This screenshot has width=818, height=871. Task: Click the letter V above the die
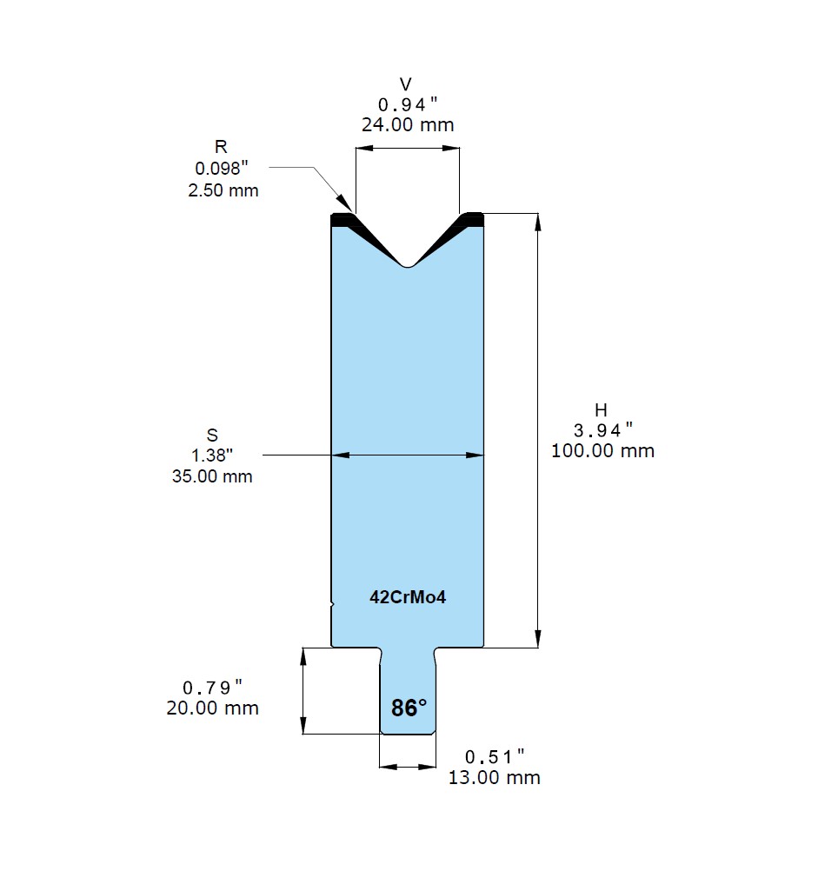406,84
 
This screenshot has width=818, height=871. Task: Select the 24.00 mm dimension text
408,124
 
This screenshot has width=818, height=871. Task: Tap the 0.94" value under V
408,104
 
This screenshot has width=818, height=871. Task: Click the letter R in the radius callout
221,147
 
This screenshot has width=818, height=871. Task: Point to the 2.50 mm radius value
223,190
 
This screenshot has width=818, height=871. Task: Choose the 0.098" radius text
221,168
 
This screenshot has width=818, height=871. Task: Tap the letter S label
212,435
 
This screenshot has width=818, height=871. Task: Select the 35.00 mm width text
212,476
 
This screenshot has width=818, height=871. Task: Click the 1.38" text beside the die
212,455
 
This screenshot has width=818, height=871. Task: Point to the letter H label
601,410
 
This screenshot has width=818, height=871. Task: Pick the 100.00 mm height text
602,450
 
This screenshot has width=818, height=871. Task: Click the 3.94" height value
602,430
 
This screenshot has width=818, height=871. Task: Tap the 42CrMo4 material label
408,597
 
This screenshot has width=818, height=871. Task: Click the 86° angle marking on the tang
409,708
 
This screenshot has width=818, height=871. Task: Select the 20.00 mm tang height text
213,708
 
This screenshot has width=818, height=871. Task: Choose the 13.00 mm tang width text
495,777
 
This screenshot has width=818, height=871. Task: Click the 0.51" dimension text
495,756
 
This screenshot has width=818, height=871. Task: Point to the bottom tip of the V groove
408,267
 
